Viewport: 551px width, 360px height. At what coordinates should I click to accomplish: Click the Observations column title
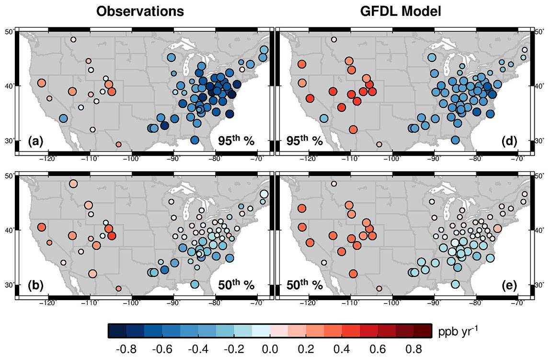coord(140,12)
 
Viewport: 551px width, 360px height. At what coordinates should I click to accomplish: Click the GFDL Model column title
coord(400,12)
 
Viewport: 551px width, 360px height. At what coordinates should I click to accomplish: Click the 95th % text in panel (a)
coord(234,140)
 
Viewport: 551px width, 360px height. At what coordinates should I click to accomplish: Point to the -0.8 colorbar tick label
coord(126,348)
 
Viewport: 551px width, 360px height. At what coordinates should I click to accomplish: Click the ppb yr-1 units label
coord(458,331)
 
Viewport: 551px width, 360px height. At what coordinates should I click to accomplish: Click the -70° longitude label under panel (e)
coord(518,303)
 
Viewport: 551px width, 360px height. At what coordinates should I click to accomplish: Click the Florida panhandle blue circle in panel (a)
coord(195,140)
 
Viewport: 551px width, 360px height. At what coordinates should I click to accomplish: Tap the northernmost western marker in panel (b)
coord(73,184)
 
